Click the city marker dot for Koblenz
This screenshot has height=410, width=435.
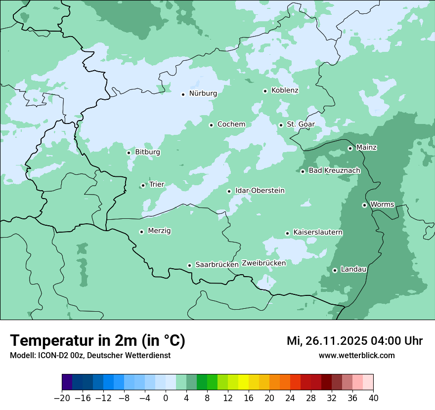[x=265, y=91]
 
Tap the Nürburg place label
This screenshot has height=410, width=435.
[x=203, y=93]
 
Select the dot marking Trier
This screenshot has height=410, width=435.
[x=143, y=185]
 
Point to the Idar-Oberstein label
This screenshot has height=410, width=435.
[x=260, y=191]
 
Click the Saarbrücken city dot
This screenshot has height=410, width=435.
[x=189, y=265]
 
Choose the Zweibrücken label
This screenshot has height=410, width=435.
[x=263, y=263]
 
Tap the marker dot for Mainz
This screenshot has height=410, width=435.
[x=350, y=148]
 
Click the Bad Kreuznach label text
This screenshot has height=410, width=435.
[x=334, y=171]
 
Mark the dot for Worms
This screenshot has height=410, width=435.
[x=364, y=205]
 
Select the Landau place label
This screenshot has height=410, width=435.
[x=353, y=270]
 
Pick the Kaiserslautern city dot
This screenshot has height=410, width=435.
[x=287, y=233]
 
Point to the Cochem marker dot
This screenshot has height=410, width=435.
[x=211, y=125]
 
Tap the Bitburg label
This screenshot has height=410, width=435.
[x=147, y=152]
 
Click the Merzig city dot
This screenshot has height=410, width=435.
[x=141, y=232]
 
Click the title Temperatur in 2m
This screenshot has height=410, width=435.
[x=97, y=340]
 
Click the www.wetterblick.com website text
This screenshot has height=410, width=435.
[x=356, y=356]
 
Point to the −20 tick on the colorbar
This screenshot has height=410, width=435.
[x=62, y=398]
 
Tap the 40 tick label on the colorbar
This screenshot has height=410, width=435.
[x=373, y=398]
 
